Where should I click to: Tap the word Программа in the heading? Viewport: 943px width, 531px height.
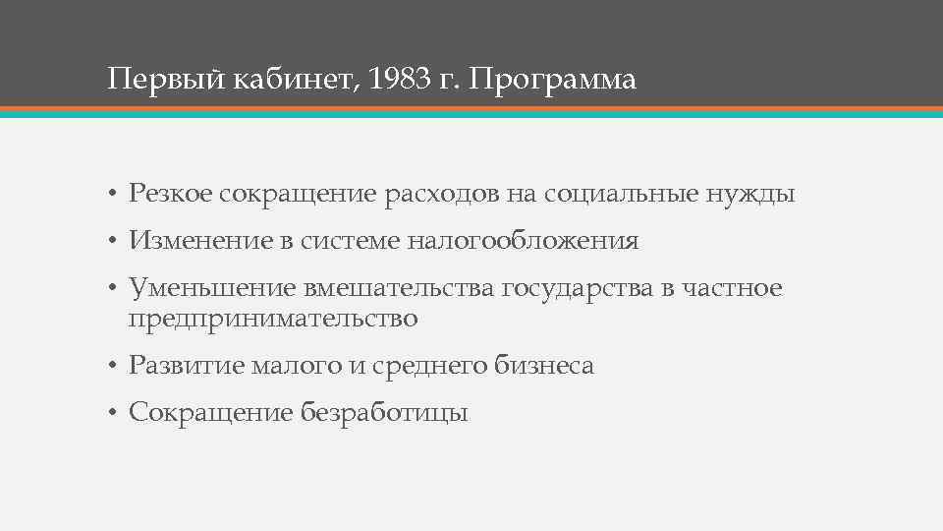coord(553,79)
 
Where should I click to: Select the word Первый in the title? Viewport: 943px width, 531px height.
coord(168,79)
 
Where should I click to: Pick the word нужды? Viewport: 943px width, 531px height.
coord(751,196)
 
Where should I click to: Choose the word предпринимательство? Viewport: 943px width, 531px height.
coord(273,319)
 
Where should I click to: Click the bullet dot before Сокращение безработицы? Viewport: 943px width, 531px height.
coord(114,414)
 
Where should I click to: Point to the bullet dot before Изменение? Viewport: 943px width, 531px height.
coord(114,242)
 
